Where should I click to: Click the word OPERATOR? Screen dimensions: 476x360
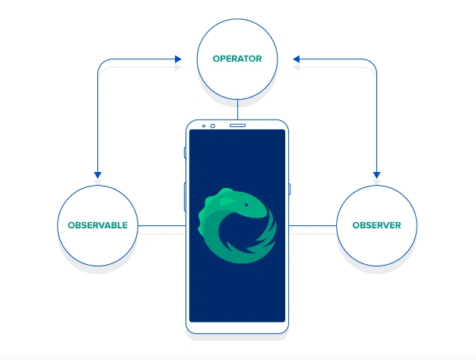click(237, 59)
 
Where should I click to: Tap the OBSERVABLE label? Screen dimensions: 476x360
click(98, 225)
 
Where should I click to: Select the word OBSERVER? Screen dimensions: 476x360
click(376, 225)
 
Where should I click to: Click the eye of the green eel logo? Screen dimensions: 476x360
click(246, 205)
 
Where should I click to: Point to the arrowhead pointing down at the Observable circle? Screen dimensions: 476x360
click(98, 175)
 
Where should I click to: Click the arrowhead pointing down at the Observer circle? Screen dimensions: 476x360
click(376, 175)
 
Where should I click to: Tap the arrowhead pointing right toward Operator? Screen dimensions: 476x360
click(178, 59)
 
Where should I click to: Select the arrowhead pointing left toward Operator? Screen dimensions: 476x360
click(297, 59)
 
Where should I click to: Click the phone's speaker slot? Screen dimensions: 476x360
click(238, 125)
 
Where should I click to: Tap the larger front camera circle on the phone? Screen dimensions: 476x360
click(213, 126)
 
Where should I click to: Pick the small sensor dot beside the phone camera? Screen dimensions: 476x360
click(204, 126)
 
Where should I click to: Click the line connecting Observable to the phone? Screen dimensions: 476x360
click(162, 226)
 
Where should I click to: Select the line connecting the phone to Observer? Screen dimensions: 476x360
click(313, 226)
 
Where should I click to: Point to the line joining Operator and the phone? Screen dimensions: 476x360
click(237, 110)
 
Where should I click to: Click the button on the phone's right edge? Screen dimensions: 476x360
click(289, 189)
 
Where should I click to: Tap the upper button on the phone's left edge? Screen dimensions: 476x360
click(185, 152)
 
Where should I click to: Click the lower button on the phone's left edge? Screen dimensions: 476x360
click(185, 197)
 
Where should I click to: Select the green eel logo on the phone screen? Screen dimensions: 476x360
click(237, 225)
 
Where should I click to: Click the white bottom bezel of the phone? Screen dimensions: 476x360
click(237, 327)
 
